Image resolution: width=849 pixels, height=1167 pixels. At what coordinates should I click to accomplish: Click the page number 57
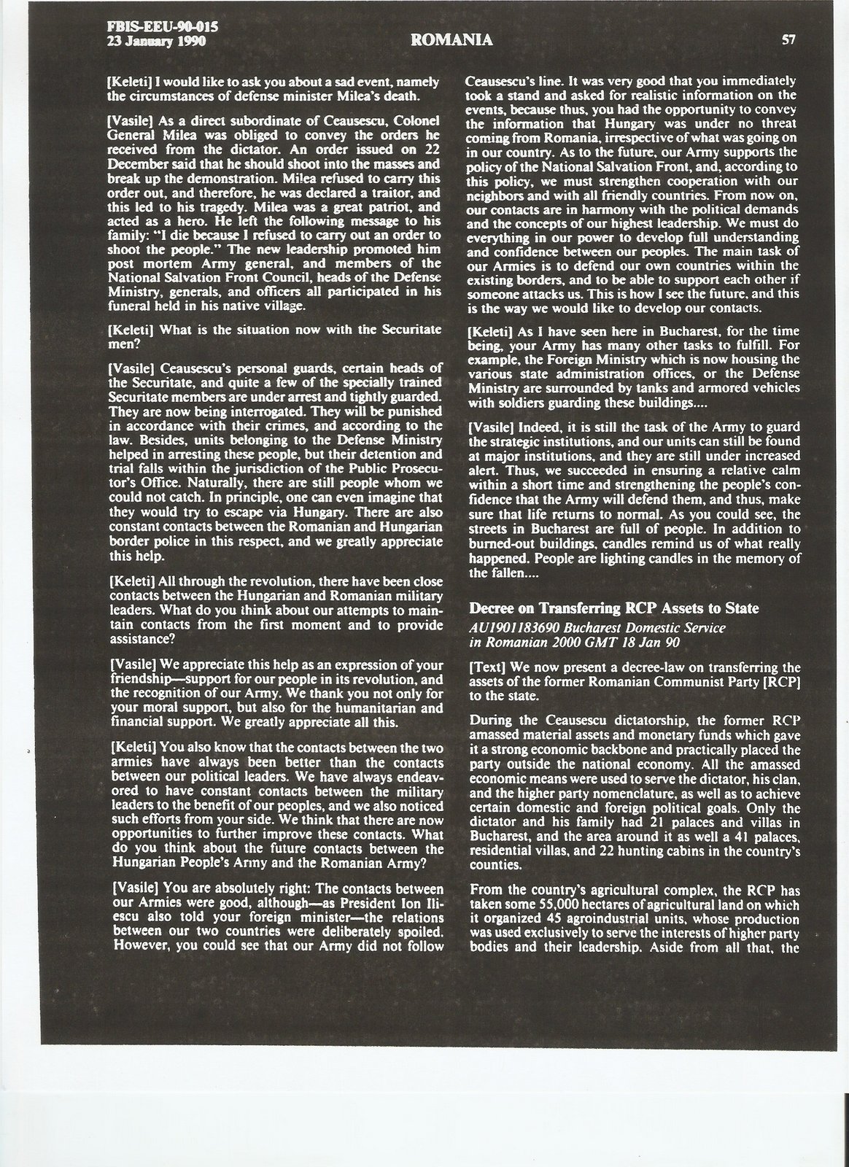pyautogui.click(x=788, y=40)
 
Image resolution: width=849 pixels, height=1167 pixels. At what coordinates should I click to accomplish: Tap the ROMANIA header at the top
pyautogui.click(x=451, y=41)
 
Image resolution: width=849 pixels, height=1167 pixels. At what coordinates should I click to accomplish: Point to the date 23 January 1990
pyautogui.click(x=156, y=42)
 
